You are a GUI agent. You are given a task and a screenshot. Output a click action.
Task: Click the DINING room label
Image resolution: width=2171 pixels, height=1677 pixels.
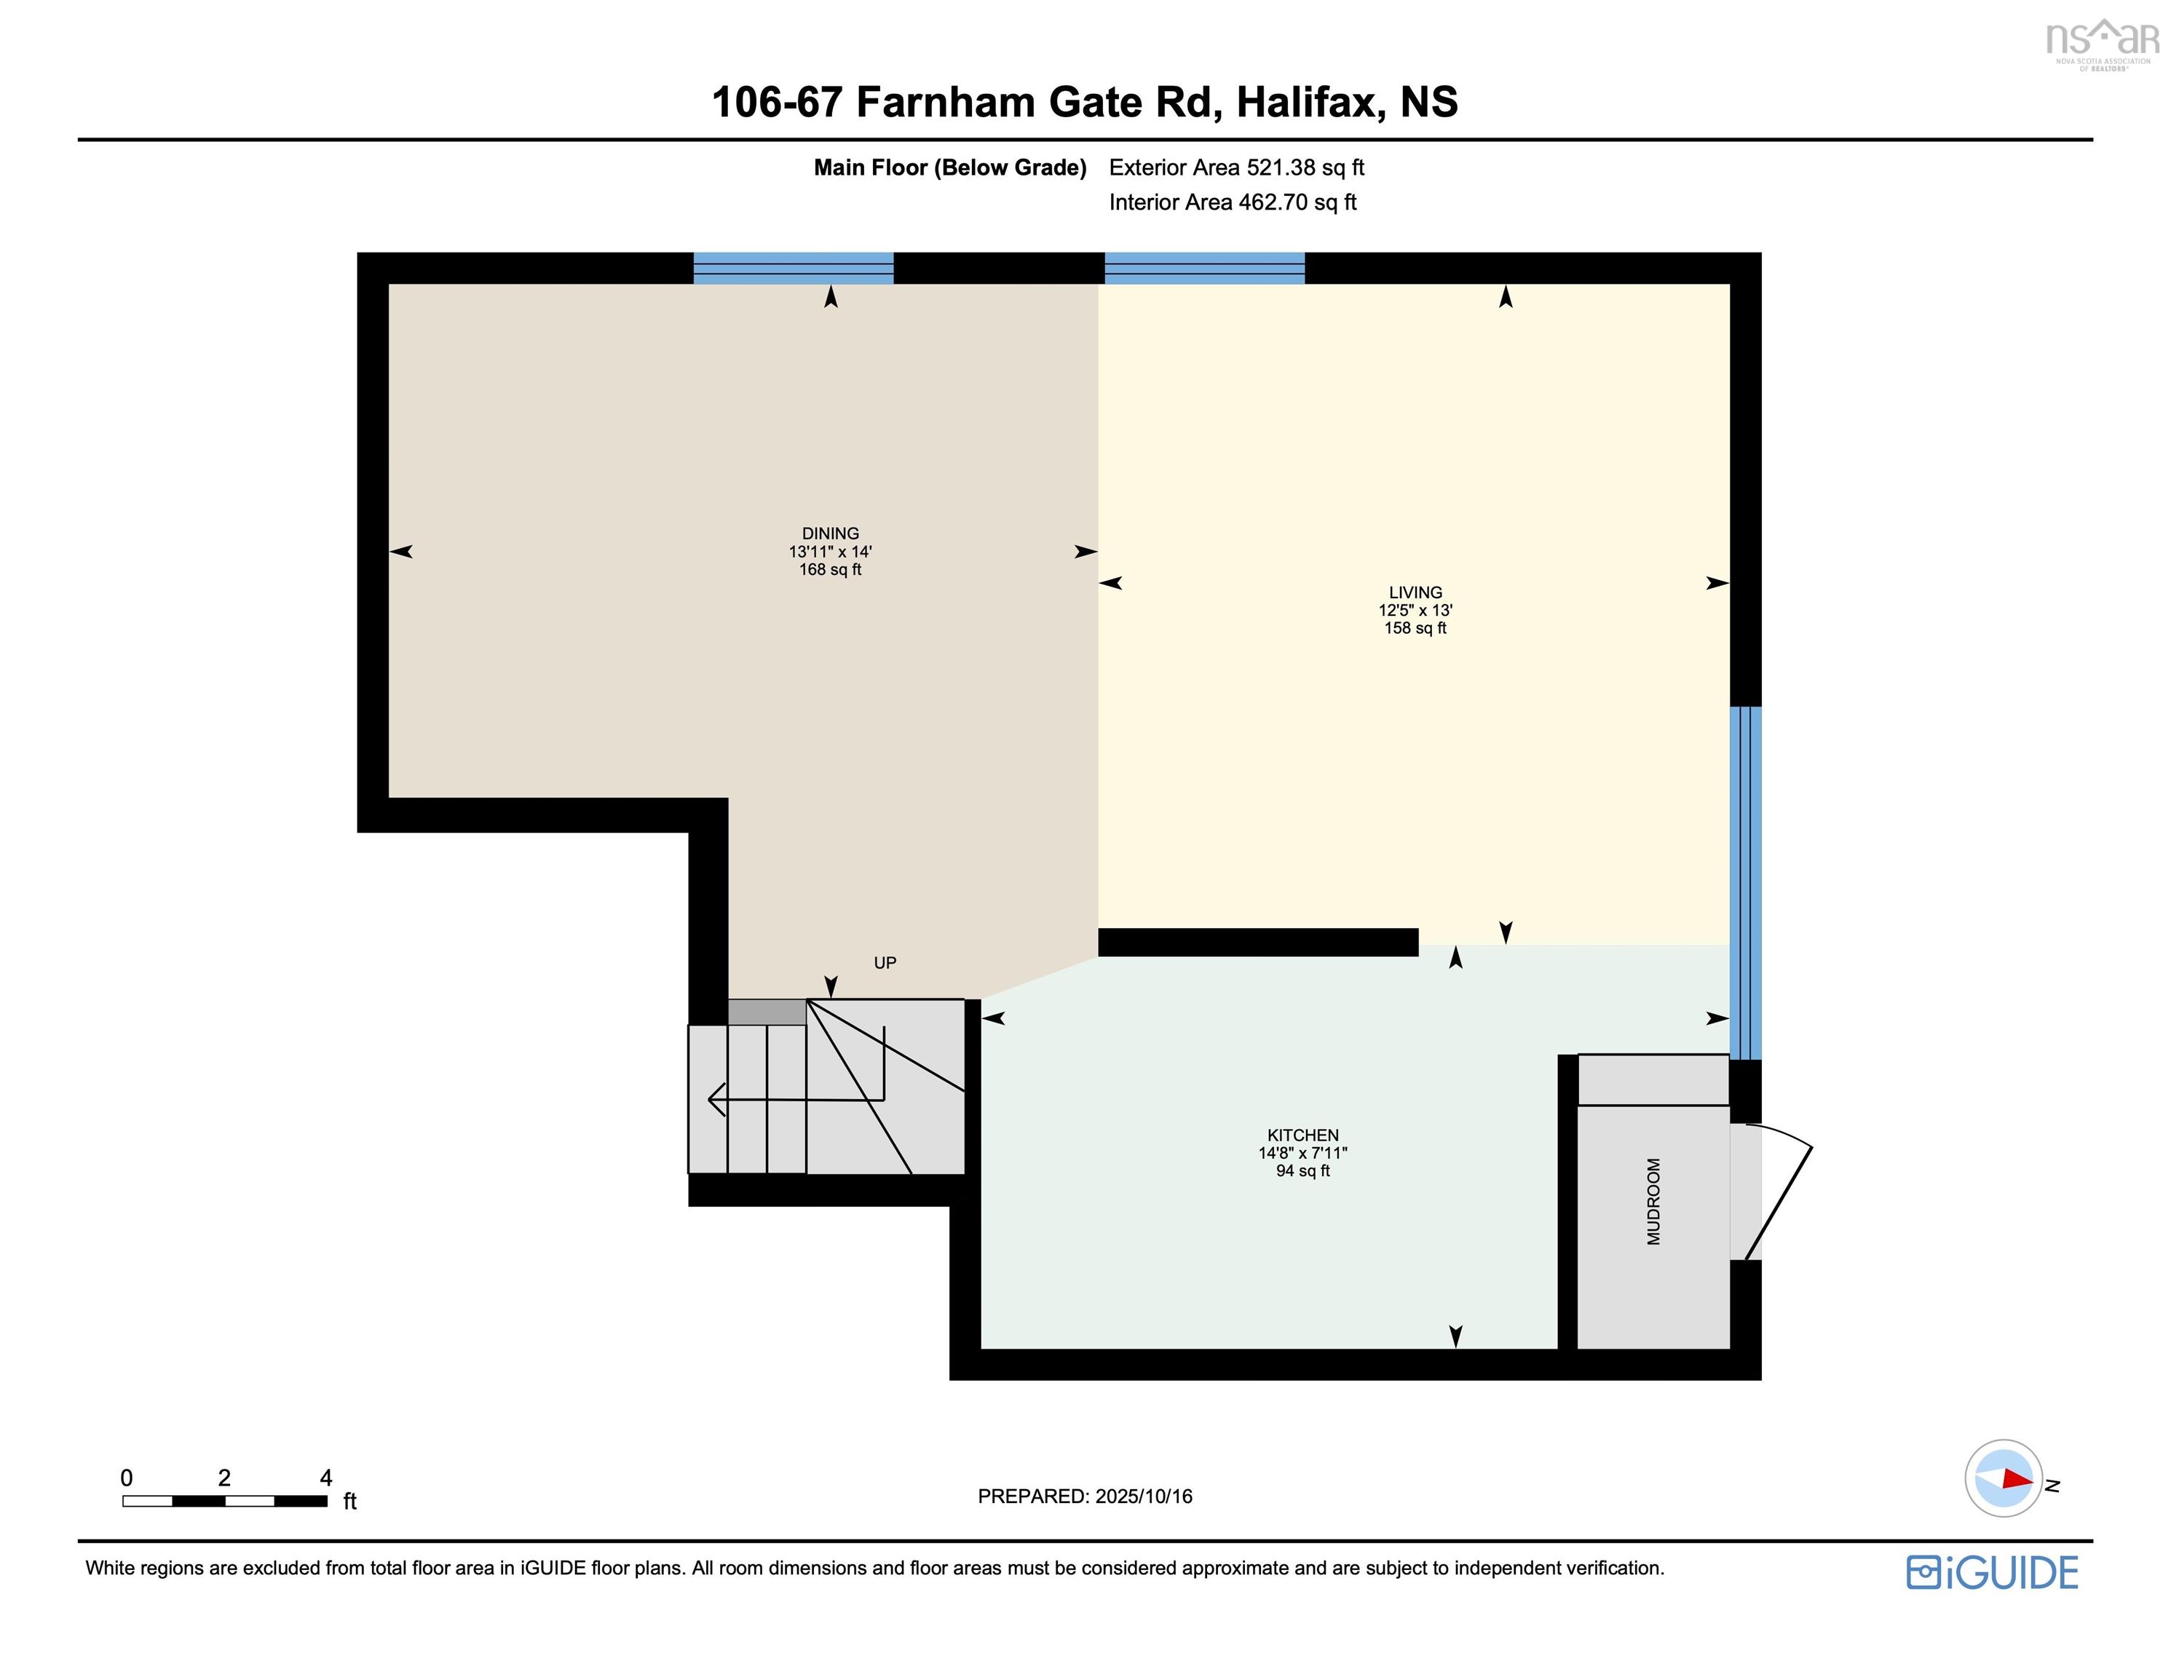tap(830, 534)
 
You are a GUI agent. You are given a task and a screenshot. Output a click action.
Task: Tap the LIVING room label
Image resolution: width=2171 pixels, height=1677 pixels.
tap(1415, 592)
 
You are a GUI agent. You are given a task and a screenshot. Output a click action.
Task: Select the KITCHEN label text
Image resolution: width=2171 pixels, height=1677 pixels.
tap(1302, 1135)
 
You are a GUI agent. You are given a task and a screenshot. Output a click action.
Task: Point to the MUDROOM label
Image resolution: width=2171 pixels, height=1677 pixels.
tap(1653, 1201)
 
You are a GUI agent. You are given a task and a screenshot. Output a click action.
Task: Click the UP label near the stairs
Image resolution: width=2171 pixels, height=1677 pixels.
tap(885, 962)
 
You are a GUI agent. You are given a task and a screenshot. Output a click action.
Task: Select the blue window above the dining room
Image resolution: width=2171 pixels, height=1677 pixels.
tap(794, 269)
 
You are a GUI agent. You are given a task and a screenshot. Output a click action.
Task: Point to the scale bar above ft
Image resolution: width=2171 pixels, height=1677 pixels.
tap(225, 1501)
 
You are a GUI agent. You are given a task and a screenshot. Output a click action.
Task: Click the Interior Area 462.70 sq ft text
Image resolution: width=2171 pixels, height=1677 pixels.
tap(1232, 203)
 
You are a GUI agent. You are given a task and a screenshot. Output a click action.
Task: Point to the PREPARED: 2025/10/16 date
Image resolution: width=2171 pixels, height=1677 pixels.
tap(1085, 1496)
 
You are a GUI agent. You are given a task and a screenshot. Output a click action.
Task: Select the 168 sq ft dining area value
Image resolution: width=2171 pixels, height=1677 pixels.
tap(830, 570)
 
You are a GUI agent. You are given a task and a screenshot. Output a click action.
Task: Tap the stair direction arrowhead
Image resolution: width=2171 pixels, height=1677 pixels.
tap(716, 1101)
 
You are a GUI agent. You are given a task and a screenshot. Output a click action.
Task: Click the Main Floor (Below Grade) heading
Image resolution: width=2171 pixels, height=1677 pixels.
tap(949, 168)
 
